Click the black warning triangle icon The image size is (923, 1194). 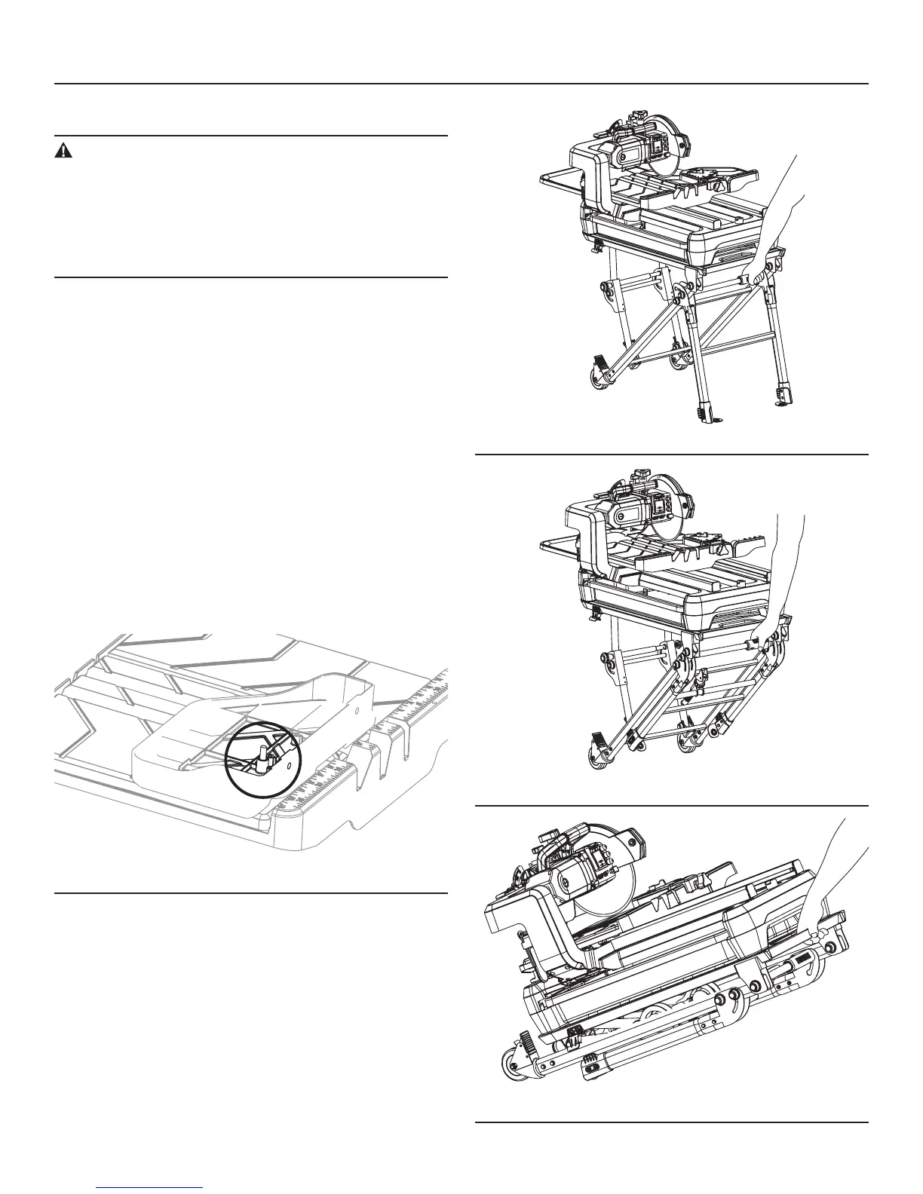(63, 151)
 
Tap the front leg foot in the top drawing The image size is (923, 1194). (707, 412)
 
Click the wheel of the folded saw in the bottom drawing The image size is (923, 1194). (515, 1066)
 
